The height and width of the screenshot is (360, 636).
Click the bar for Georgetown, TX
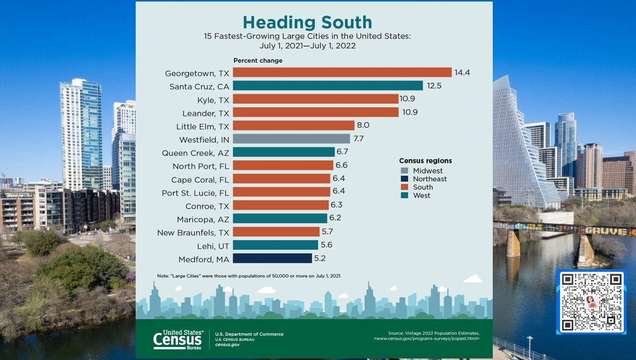coord(342,73)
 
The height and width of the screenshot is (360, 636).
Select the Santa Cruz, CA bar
coord(328,86)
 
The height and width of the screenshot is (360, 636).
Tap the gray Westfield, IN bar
coord(291,139)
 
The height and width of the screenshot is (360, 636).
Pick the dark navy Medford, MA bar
coord(272,258)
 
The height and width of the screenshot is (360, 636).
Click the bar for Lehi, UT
coord(275,245)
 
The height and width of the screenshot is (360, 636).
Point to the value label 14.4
coord(462,73)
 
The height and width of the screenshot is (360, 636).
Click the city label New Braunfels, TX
coord(193,232)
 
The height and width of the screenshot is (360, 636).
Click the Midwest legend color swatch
coord(404,171)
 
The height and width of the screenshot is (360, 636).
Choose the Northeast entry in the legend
coord(429,179)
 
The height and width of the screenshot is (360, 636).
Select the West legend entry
coord(421,195)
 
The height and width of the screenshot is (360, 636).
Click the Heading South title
coord(307,22)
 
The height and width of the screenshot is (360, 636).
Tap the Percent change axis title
coord(258,61)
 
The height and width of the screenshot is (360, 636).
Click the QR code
coord(591,302)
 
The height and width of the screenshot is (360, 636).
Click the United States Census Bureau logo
coord(178,339)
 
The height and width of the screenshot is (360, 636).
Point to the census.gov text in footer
coord(227,345)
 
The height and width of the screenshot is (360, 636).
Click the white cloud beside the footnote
coord(473,278)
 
